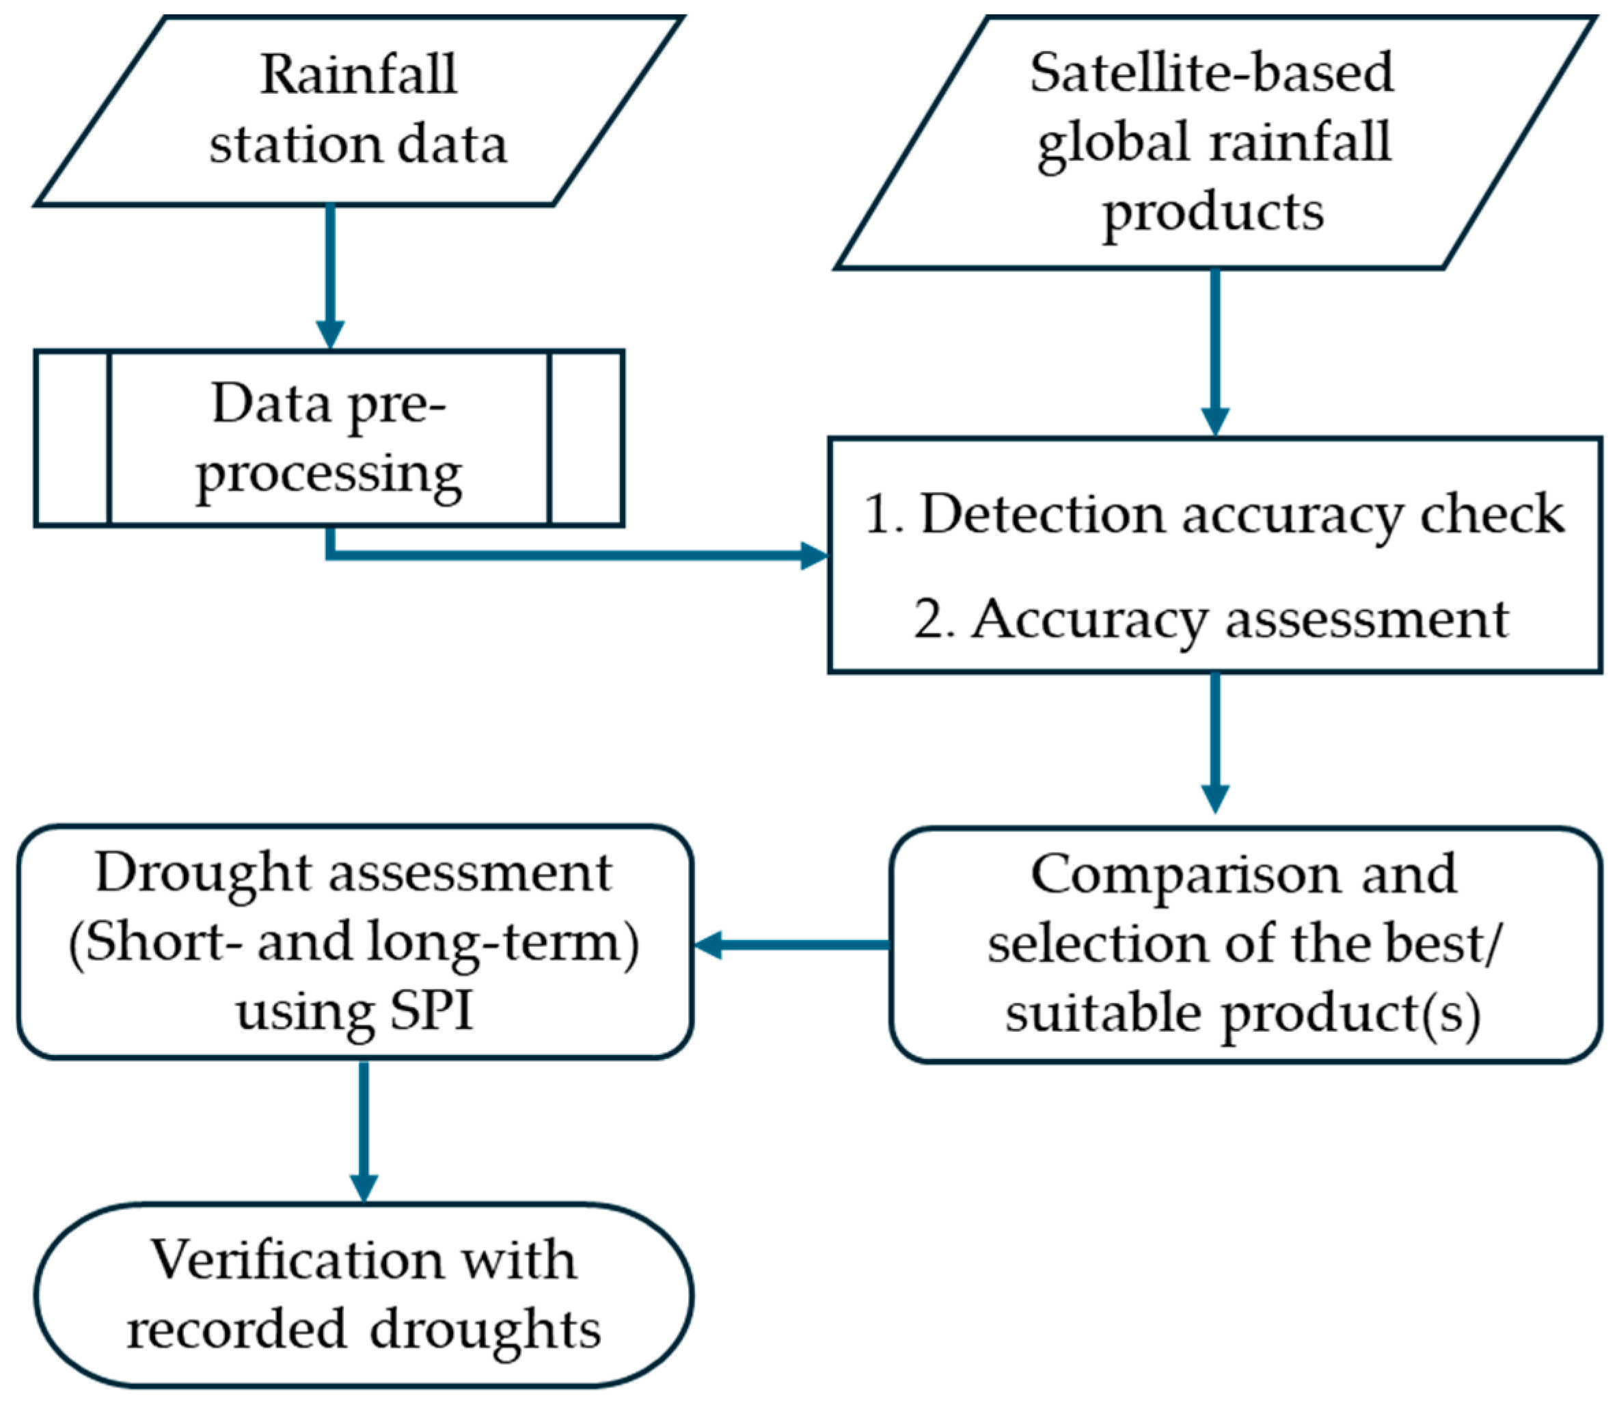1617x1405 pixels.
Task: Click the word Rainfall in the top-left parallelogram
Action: coord(358,75)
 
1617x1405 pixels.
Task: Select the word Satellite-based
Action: coord(1212,72)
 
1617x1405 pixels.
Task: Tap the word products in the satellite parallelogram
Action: coord(1212,213)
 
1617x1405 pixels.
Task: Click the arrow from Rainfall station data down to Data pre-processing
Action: coord(330,274)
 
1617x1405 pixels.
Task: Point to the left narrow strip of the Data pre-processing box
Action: coord(72,438)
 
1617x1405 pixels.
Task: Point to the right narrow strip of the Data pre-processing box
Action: coord(586,438)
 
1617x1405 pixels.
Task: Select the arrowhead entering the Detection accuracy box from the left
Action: coord(813,555)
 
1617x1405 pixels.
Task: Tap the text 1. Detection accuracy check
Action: coord(1213,514)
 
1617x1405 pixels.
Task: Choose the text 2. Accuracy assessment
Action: coord(1211,619)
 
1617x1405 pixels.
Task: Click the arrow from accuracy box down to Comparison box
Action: coord(1215,741)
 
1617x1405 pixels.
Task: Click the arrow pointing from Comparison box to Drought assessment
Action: coord(791,945)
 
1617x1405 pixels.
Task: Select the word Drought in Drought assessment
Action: coord(203,872)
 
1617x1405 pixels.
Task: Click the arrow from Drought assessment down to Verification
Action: coord(364,1129)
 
